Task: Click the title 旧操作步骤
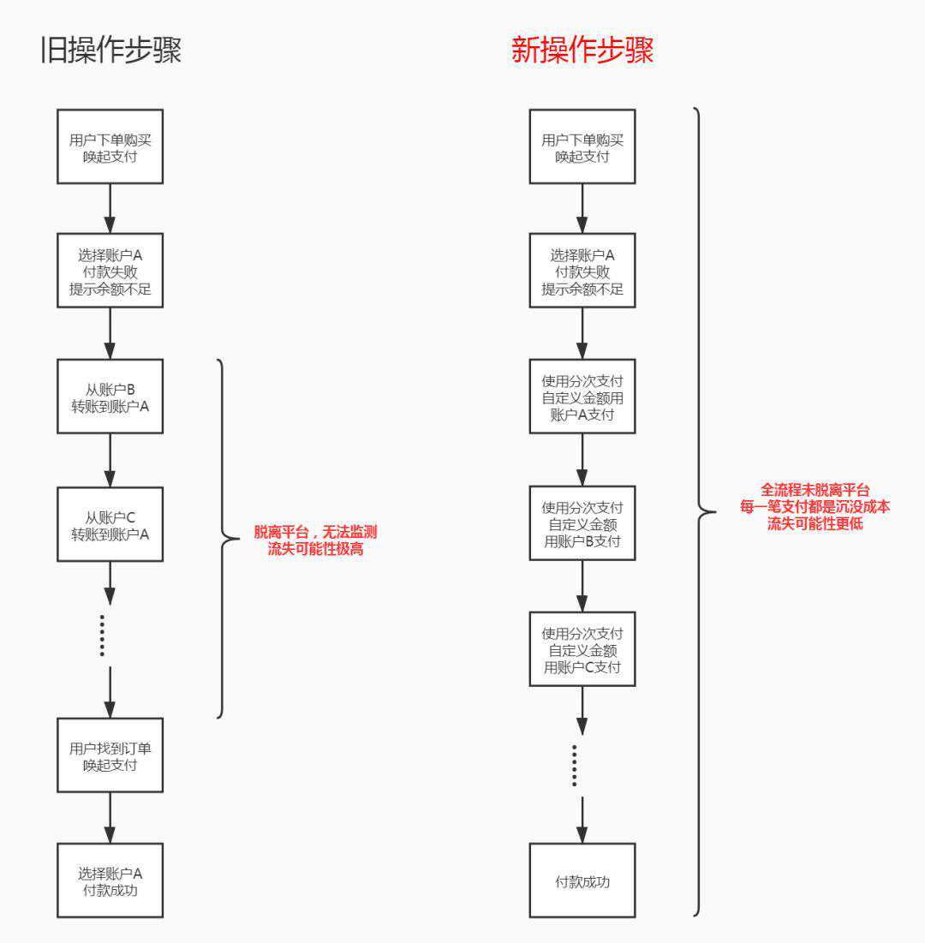pos(111,50)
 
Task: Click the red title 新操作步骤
pos(582,50)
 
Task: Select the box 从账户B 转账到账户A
pos(110,397)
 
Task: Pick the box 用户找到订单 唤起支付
pos(110,755)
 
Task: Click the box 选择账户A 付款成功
pos(110,880)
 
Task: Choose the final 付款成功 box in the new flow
pos(582,880)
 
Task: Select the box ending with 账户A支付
pos(582,397)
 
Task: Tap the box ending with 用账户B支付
pos(582,523)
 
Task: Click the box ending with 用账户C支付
pos(582,649)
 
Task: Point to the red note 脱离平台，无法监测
pos(315,532)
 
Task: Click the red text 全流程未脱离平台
pos(815,490)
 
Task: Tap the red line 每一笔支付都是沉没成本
pos(815,506)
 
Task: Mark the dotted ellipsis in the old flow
pos(102,636)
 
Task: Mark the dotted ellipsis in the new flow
pos(575,765)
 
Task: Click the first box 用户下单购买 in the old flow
pos(110,146)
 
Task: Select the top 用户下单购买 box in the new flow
pos(582,146)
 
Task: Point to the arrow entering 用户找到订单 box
pos(110,694)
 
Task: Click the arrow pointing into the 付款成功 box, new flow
pos(582,821)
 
